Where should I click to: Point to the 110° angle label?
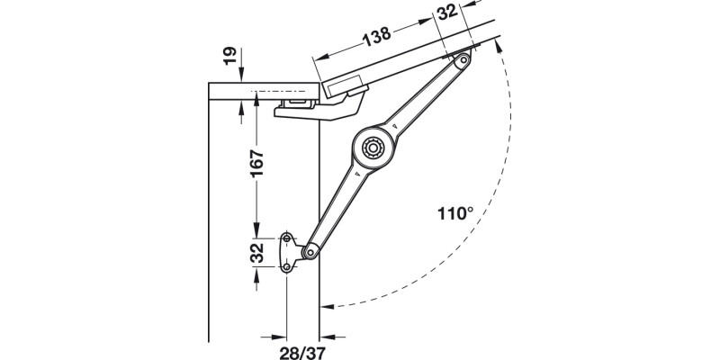pyautogui.click(x=454, y=213)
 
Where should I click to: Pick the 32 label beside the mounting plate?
pyautogui.click(x=256, y=253)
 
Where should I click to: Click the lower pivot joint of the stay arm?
pyautogui.click(x=309, y=251)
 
